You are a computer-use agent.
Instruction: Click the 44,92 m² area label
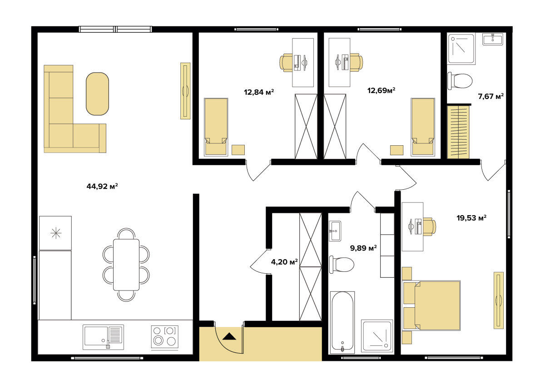(102, 186)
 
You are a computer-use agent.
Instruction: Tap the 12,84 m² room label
(259, 92)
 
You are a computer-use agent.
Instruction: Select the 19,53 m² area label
(471, 218)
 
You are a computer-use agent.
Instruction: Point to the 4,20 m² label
(284, 262)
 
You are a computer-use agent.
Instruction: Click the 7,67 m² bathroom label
(491, 96)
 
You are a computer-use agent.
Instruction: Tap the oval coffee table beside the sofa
(97, 94)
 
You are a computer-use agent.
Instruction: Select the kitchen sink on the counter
(103, 337)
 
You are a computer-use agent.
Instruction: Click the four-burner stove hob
(165, 337)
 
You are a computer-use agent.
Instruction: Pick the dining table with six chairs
(126, 265)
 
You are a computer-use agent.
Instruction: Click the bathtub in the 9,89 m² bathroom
(342, 322)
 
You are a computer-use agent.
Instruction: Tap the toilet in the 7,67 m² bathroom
(460, 81)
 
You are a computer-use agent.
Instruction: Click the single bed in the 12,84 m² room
(216, 127)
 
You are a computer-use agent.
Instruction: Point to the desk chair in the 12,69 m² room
(357, 63)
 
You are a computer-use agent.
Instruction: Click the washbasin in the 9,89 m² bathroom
(335, 231)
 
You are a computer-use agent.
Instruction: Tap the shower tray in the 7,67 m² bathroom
(461, 49)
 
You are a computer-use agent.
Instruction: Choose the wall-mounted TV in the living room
(185, 91)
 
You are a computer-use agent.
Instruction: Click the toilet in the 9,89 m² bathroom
(342, 265)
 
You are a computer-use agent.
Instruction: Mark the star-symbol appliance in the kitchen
(55, 233)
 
